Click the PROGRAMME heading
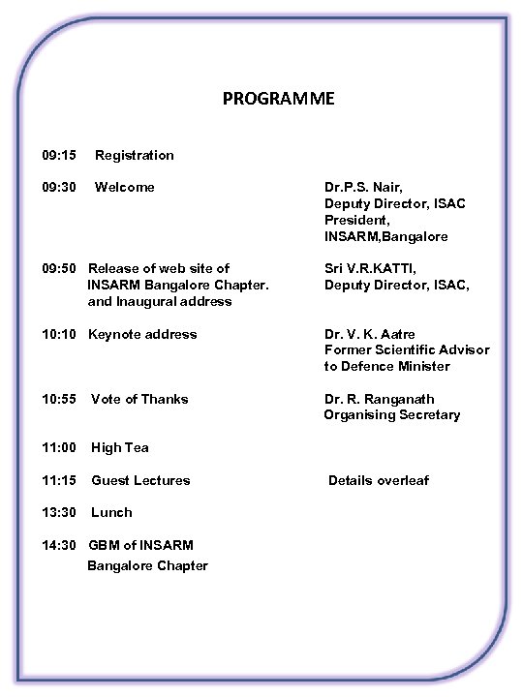click(278, 99)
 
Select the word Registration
click(135, 155)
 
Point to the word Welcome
click(124, 187)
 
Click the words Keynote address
click(142, 334)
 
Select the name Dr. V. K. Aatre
click(370, 334)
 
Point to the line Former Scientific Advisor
click(407, 349)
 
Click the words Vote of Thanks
click(139, 399)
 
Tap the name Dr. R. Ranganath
click(379, 399)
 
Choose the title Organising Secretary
click(392, 414)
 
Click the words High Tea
click(120, 447)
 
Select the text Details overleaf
click(378, 480)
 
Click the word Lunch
click(111, 512)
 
